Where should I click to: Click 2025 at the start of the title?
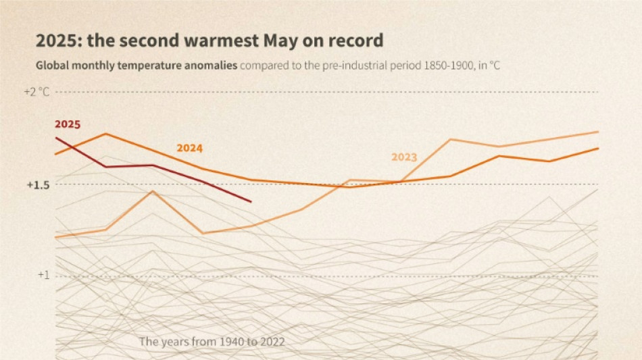56,41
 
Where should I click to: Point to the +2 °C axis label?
36,91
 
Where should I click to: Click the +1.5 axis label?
37,184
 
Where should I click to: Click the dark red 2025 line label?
68,124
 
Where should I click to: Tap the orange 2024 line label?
190,148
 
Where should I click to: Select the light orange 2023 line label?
404,157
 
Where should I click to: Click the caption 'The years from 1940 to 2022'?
212,342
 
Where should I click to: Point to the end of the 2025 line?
251,201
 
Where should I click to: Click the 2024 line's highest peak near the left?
105,134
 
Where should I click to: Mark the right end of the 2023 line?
598,132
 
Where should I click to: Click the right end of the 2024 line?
598,149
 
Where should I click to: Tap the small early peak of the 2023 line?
153,191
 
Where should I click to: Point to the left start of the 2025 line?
56,138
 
